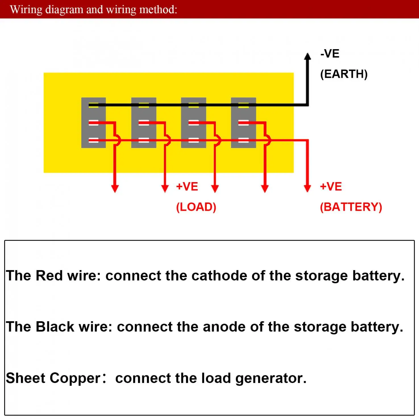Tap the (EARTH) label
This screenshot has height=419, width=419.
click(x=344, y=74)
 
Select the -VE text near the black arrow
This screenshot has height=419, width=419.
click(x=330, y=53)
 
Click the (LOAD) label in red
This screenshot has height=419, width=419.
click(x=196, y=207)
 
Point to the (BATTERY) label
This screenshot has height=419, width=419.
click(x=351, y=207)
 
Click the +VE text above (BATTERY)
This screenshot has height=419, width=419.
click(x=331, y=187)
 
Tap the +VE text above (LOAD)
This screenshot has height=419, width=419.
click(x=187, y=187)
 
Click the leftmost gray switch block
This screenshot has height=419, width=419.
click(x=93, y=123)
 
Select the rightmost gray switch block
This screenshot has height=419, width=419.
click(x=243, y=123)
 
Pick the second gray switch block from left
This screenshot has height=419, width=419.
click(x=144, y=123)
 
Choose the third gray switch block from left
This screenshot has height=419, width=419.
click(x=193, y=123)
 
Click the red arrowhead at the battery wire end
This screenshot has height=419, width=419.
click(x=307, y=189)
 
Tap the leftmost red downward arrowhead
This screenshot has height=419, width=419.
click(x=115, y=189)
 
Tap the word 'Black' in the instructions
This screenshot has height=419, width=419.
click(x=55, y=327)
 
